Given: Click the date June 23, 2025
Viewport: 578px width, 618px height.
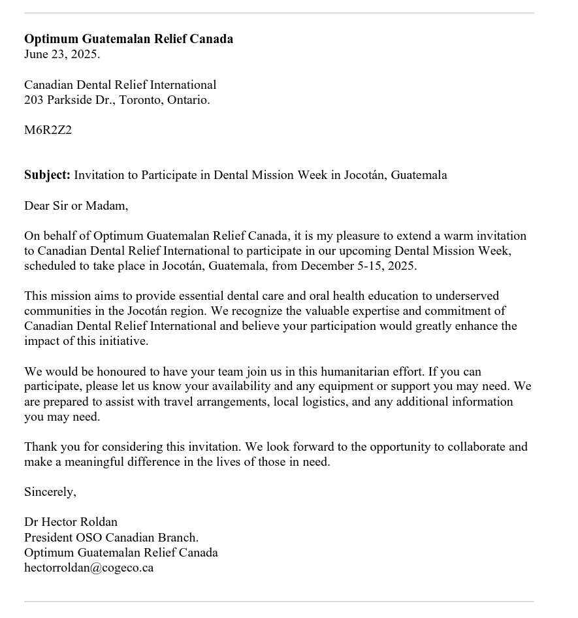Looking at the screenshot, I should click(x=62, y=54).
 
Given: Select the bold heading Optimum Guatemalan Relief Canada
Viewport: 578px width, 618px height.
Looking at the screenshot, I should click(x=129, y=39).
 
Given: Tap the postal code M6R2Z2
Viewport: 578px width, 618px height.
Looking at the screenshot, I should click(x=48, y=130).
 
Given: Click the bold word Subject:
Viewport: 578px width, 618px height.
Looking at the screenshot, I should click(x=47, y=175).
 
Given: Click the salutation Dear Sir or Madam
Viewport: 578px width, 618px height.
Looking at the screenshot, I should click(x=76, y=206).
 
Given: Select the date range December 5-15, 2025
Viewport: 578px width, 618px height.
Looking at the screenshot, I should click(x=358, y=266).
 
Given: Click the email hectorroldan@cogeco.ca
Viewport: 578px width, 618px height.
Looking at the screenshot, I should click(x=89, y=568).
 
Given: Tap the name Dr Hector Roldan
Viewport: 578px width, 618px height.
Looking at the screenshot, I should click(x=71, y=522).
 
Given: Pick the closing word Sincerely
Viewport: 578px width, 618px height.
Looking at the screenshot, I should click(x=50, y=492).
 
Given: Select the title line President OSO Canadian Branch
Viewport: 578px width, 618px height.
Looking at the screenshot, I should click(x=111, y=538).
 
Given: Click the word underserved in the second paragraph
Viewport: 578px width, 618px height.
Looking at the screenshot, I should click(x=466, y=296).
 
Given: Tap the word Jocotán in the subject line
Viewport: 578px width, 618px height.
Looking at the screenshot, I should click(x=364, y=175).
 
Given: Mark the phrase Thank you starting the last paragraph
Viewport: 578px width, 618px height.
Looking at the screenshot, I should click(x=49, y=447).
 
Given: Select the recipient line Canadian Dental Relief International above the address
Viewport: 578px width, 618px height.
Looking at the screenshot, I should click(x=120, y=85).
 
